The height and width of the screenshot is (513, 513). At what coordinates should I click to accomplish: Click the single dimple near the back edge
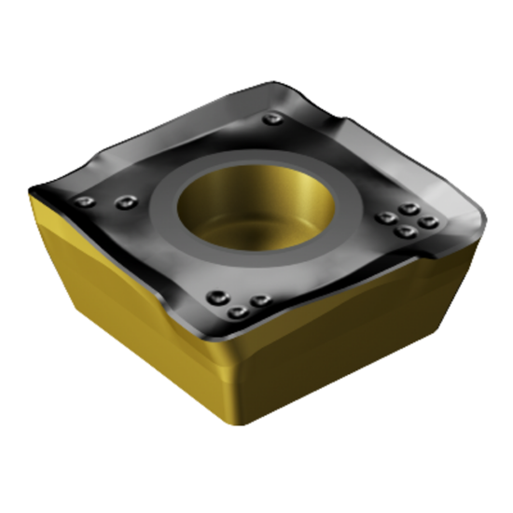(271, 119)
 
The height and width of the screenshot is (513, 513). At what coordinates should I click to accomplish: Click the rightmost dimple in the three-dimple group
(261, 299)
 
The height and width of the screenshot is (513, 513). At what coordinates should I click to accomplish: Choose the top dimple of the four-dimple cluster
(408, 209)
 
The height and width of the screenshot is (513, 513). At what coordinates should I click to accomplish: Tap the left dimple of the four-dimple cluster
(384, 218)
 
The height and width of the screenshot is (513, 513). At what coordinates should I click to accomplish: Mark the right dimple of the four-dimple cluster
(429, 222)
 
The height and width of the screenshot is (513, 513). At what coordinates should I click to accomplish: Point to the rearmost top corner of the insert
(280, 86)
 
